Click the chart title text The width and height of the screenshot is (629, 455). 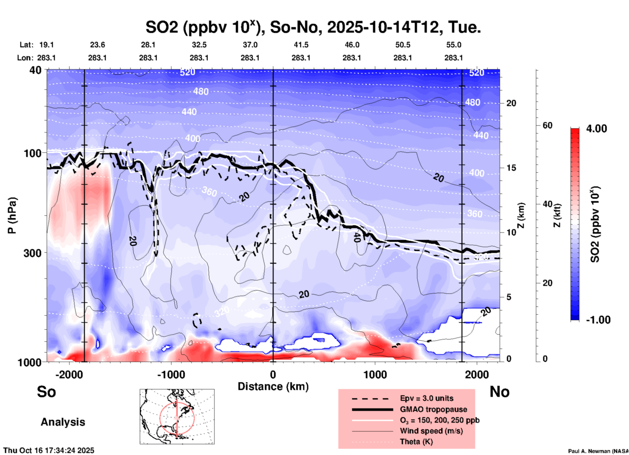point(313,27)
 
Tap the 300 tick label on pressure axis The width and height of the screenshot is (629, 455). point(32,253)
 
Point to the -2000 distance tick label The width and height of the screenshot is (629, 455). point(69,374)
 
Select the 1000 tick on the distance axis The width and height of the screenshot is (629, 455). point(375,374)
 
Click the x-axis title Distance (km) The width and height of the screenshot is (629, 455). point(273,386)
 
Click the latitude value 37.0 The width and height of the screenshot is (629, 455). point(250,45)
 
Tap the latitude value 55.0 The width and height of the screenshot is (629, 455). point(454,45)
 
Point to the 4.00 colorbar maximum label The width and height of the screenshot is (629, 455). point(596,129)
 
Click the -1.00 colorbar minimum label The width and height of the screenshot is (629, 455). point(598,320)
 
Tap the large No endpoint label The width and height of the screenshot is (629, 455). point(499,392)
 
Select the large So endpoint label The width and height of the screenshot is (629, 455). point(46,392)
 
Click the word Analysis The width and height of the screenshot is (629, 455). point(63,422)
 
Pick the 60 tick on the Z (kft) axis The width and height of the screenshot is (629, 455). point(547,125)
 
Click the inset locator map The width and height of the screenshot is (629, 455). point(177,416)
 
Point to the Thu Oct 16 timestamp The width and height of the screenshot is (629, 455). point(49,450)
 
